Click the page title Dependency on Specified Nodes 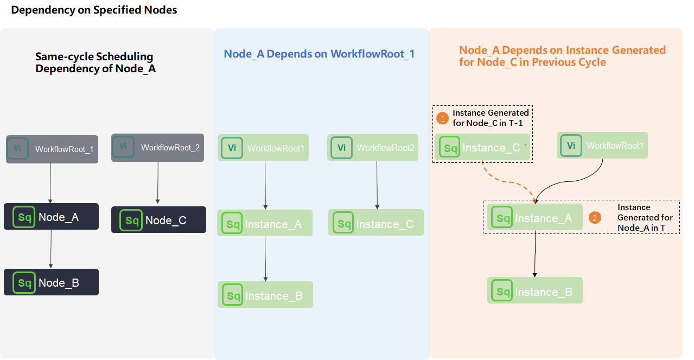click(94, 10)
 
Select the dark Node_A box click(51, 217)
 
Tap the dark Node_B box click(51, 282)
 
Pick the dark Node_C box click(158, 220)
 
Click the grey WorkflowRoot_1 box click(52, 149)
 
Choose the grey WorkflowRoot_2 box click(157, 147)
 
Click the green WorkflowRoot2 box click(372, 148)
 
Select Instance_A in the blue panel click(265, 223)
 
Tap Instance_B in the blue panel click(265, 295)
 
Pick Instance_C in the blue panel click(375, 223)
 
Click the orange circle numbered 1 click(443, 117)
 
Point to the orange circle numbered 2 click(595, 218)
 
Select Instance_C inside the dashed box click(482, 147)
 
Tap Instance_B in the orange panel click(534, 291)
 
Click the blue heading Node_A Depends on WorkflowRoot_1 click(319, 54)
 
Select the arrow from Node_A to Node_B click(51, 249)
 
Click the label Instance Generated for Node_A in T click(645, 217)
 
